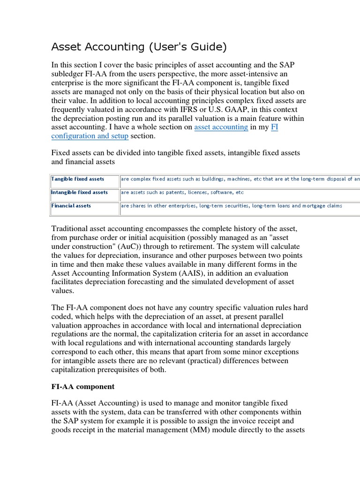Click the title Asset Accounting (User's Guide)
tap(139, 47)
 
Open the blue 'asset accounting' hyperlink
tap(221, 127)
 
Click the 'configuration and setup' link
tap(90, 136)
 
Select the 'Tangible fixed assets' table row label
tap(78, 179)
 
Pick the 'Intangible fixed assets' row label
tap(79, 193)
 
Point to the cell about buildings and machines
tap(239, 179)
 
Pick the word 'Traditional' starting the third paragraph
tap(71, 229)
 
